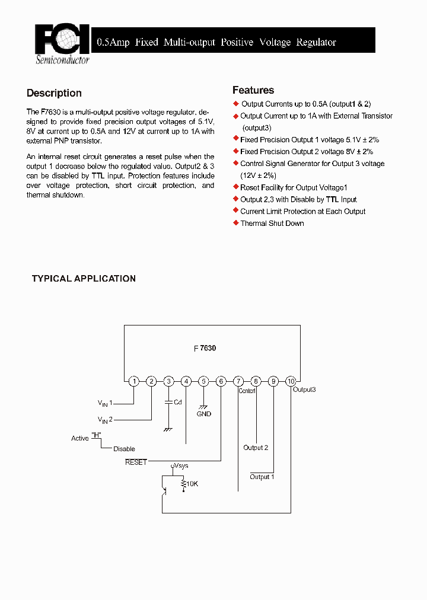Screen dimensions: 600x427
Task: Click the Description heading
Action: pyautogui.click(x=54, y=93)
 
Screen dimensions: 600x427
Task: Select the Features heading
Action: pyautogui.click(x=253, y=90)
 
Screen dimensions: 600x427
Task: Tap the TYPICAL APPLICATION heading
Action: pyautogui.click(x=84, y=279)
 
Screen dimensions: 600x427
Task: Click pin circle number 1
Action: pyautogui.click(x=134, y=381)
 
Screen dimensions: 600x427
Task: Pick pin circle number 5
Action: pyautogui.click(x=203, y=381)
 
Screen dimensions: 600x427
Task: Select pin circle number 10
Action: pyautogui.click(x=291, y=381)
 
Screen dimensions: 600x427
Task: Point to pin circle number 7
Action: pyautogui.click(x=238, y=381)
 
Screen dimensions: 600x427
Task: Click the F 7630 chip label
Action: pyautogui.click(x=205, y=349)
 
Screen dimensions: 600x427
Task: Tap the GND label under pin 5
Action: pyautogui.click(x=204, y=414)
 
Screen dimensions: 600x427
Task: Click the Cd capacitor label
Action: pyautogui.click(x=177, y=402)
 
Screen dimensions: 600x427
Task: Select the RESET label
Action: pyautogui.click(x=136, y=462)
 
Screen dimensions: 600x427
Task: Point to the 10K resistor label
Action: pyautogui.click(x=192, y=484)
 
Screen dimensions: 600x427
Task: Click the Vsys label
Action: pyautogui.click(x=181, y=466)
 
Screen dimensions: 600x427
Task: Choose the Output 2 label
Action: pyautogui.click(x=256, y=448)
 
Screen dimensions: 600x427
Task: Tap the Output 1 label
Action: pyautogui.click(x=262, y=477)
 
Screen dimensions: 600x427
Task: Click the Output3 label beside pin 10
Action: pyautogui.click(x=305, y=390)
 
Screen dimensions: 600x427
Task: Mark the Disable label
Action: pyautogui.click(x=124, y=449)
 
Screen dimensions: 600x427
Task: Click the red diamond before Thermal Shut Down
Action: pyautogui.click(x=236, y=223)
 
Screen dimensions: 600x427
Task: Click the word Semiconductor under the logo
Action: pyautogui.click(x=62, y=60)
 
